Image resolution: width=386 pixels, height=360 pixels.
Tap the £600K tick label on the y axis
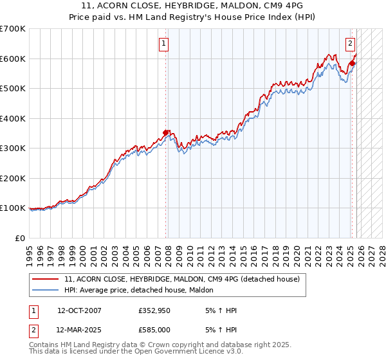(12, 59)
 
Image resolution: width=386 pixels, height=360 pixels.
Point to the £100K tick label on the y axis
(12, 208)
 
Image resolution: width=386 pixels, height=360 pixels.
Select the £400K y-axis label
(12, 118)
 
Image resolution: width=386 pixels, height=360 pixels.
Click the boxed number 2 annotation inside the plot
(350, 44)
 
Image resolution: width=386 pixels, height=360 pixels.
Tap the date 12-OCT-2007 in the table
(79, 310)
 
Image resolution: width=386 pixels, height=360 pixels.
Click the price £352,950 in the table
(154, 310)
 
